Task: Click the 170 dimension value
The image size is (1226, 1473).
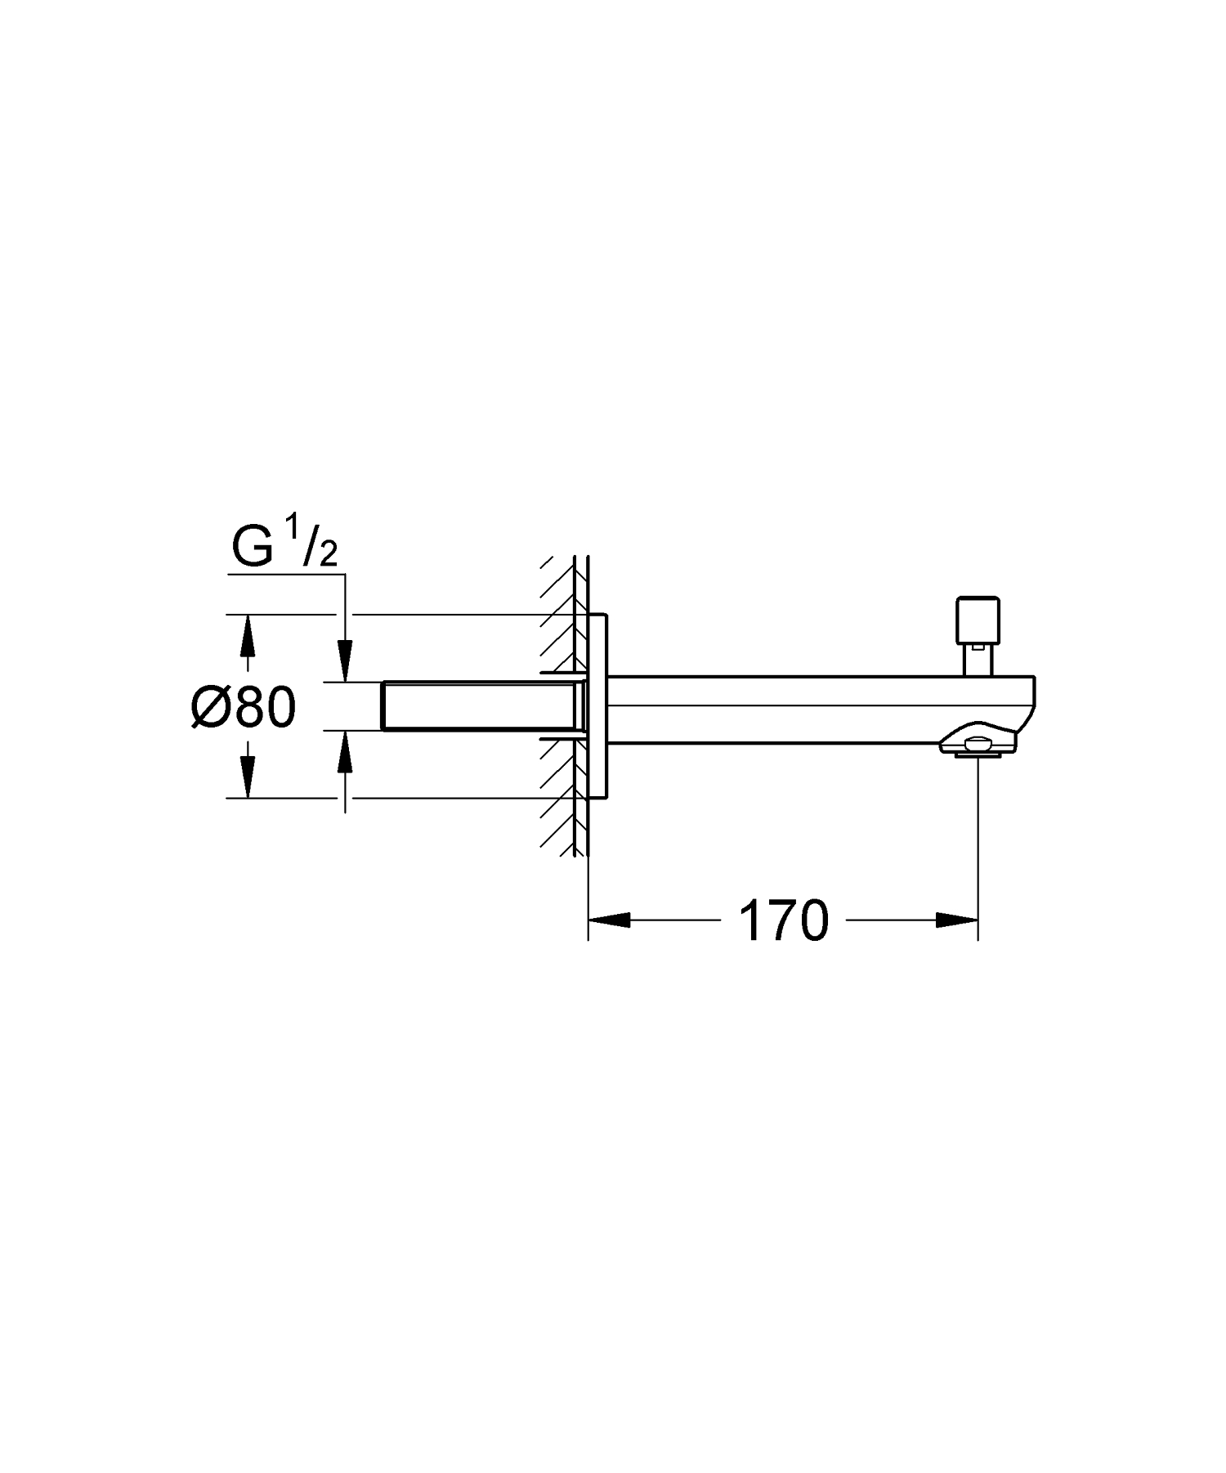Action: click(x=783, y=921)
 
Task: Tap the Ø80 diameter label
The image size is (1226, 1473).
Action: click(x=244, y=706)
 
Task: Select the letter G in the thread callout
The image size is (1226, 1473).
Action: click(x=253, y=548)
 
